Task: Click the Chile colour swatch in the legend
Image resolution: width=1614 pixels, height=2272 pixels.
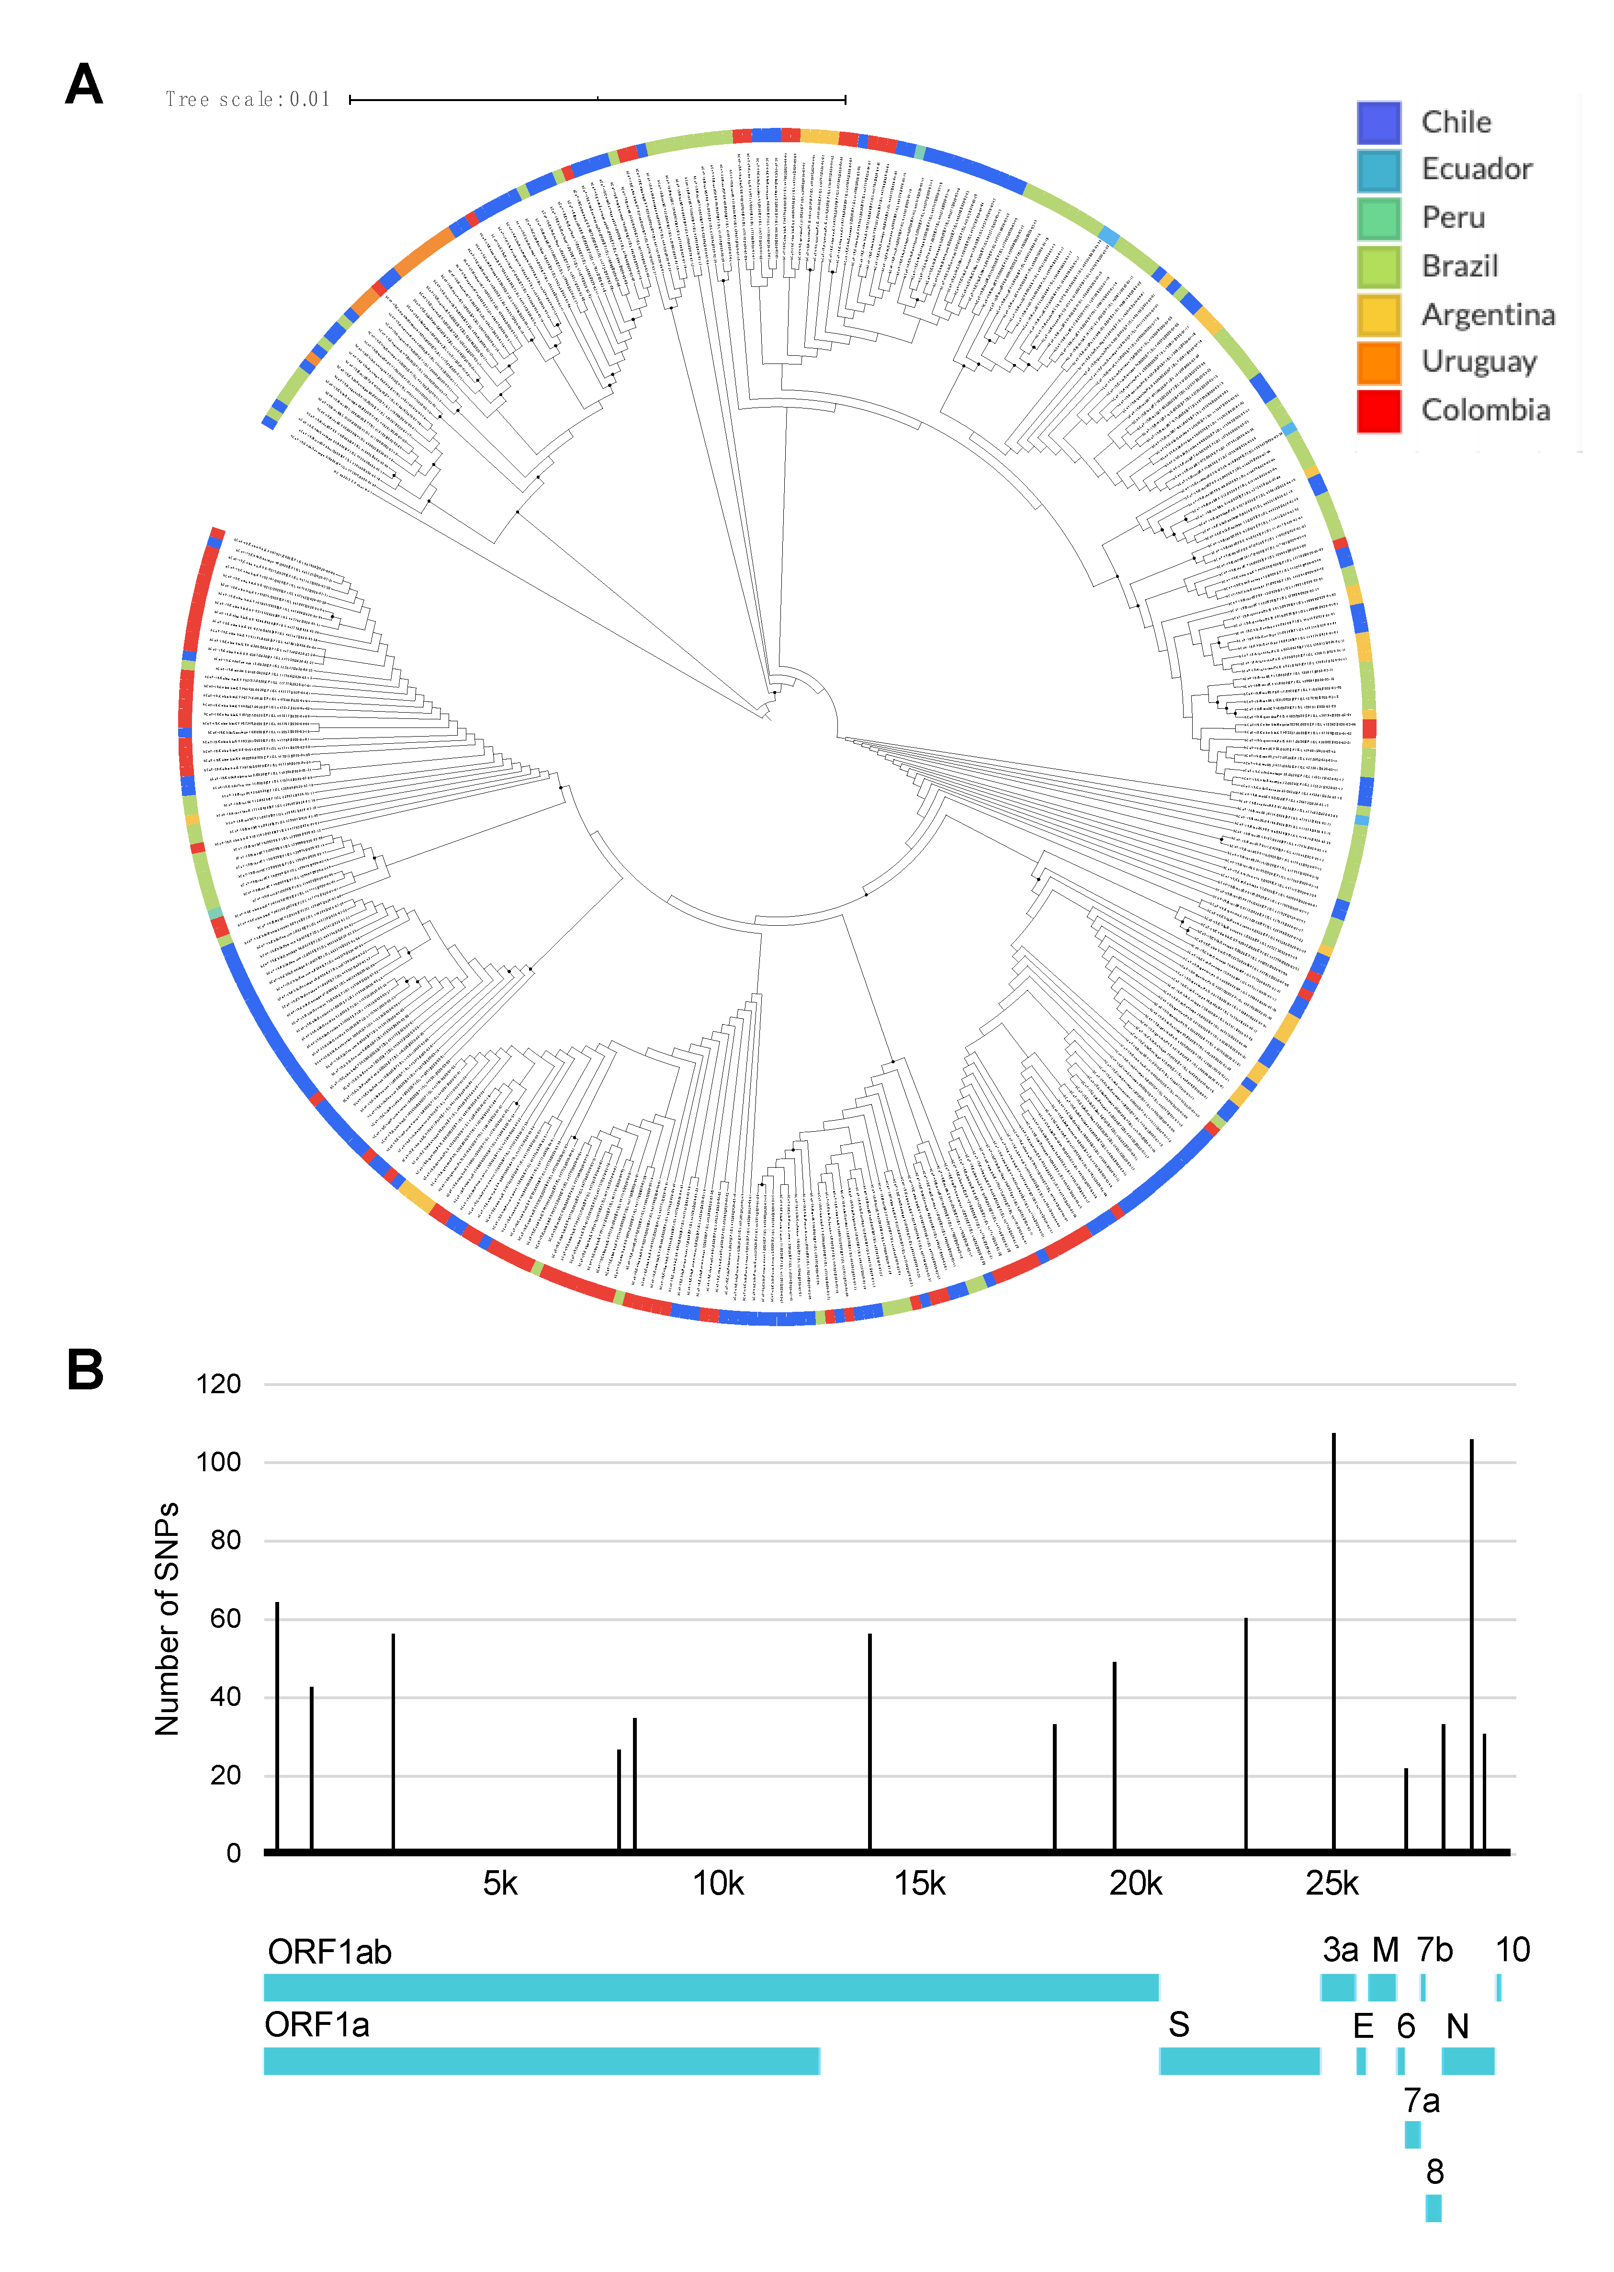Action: click(x=1378, y=122)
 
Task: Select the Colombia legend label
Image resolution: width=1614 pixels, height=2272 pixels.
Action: click(x=1485, y=409)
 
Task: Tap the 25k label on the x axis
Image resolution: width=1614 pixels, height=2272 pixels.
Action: click(x=1332, y=1884)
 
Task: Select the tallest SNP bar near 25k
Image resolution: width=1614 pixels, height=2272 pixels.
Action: click(x=1334, y=1640)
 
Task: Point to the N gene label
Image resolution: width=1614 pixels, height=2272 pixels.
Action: click(x=1457, y=2025)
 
